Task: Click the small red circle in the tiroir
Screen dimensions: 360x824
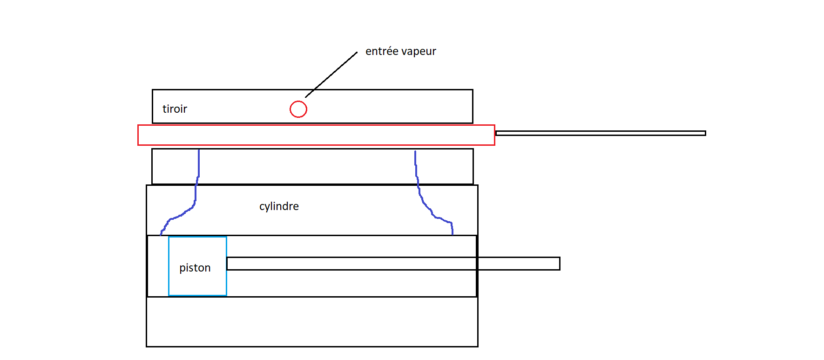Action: click(x=298, y=109)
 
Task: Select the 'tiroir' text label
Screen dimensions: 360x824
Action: click(x=175, y=109)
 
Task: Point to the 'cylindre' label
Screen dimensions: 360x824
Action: click(x=279, y=206)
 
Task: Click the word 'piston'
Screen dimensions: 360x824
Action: click(x=195, y=268)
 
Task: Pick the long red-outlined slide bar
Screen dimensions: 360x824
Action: click(x=316, y=135)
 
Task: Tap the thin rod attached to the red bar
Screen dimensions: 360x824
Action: click(x=601, y=133)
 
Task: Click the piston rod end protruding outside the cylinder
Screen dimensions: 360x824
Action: click(x=519, y=264)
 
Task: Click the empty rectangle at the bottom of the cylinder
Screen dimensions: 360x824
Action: click(x=312, y=322)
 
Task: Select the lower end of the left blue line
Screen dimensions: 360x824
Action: click(x=161, y=234)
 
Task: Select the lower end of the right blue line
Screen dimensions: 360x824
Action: click(x=452, y=233)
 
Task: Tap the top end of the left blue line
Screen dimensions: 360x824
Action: click(x=199, y=150)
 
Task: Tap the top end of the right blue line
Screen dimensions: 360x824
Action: click(x=415, y=152)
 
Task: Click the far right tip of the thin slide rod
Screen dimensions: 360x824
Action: click(x=705, y=133)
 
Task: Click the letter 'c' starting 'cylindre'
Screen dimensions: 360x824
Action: click(x=262, y=207)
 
